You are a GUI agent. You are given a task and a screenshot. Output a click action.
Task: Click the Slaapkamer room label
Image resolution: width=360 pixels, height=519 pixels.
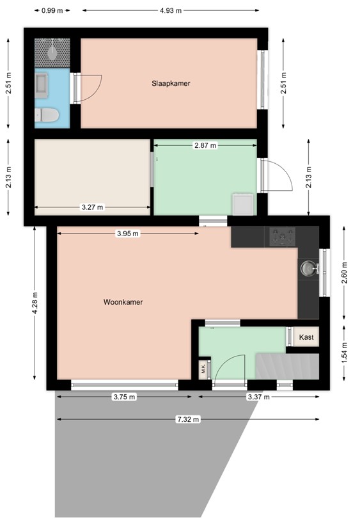coord(171,83)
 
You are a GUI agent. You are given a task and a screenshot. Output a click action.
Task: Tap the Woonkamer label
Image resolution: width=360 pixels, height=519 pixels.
coord(123,302)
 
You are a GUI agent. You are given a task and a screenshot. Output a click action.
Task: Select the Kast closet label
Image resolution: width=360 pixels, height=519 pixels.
coord(306,337)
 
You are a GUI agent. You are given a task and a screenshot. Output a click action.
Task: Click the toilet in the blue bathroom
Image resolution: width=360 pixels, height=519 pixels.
coord(47,115)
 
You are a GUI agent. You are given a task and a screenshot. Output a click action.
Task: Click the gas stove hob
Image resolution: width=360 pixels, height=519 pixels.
coord(283,237)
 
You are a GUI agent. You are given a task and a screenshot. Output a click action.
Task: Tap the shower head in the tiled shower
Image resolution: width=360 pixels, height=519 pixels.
coord(52,52)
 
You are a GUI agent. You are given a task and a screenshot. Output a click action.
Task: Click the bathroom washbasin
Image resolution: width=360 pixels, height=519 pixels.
coord(42,85)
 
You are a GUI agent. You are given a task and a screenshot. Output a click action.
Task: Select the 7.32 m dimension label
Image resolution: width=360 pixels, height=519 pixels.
coord(188,419)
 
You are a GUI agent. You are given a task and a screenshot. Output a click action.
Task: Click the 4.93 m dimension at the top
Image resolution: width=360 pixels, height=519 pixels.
coord(171,10)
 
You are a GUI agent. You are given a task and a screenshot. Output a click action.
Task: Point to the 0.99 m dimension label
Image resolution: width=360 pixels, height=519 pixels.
coord(52,10)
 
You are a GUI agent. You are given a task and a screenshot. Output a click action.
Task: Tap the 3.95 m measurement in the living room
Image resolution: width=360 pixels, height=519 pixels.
coord(128,234)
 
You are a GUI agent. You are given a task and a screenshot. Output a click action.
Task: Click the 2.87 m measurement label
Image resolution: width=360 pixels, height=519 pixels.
coord(205,145)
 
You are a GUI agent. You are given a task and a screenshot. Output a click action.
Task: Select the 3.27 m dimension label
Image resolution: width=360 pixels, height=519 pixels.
coord(92,207)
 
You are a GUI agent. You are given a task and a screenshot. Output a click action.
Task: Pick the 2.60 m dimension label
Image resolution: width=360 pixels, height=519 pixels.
coord(345,273)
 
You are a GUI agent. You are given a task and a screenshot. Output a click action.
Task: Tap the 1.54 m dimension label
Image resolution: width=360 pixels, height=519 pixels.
coord(345,353)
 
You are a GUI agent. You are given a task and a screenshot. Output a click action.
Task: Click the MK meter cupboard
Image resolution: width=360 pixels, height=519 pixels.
coord(203,369)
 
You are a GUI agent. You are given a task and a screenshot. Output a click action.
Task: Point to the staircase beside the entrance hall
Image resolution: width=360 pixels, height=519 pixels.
coord(287,367)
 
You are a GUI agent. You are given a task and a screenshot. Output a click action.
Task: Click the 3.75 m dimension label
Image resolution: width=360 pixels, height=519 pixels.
coord(124,397)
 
